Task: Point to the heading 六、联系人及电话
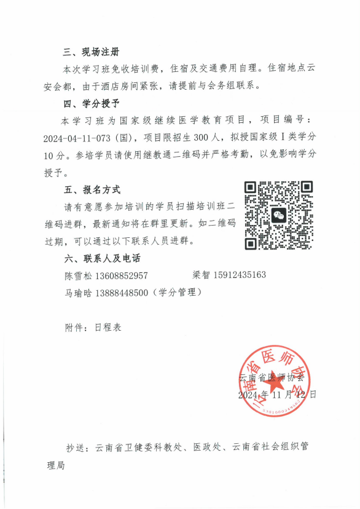[98, 258]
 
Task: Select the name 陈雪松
[78, 275]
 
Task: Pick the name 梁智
[202, 275]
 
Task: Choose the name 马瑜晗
[78, 293]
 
